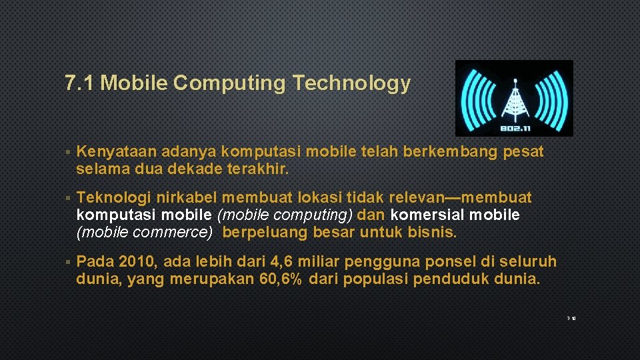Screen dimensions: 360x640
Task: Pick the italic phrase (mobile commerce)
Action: (x=145, y=233)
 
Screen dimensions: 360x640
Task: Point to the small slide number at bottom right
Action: (x=571, y=319)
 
